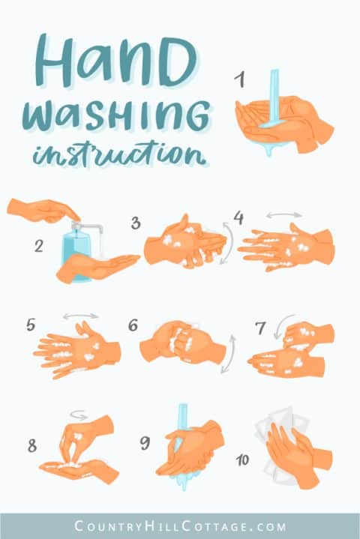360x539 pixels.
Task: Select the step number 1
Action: point(239,79)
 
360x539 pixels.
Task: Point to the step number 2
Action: point(38,245)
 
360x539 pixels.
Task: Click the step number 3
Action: point(136,223)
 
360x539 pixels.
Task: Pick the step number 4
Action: point(238,218)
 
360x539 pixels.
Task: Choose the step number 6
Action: point(133,325)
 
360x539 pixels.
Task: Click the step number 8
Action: point(31,445)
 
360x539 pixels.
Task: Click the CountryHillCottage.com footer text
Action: point(180,525)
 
